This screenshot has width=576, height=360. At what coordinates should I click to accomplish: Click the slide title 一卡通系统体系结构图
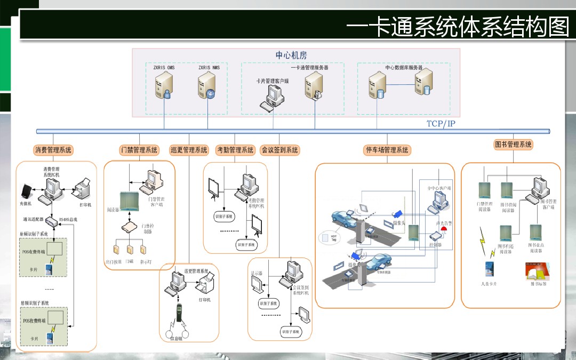coord(458,26)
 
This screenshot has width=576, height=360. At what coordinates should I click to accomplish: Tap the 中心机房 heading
coord(291,55)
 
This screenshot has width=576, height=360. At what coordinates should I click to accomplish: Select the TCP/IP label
coord(441,124)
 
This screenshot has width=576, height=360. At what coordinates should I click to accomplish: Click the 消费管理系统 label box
coord(53,150)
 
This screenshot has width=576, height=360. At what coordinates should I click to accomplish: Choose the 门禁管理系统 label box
coord(139,150)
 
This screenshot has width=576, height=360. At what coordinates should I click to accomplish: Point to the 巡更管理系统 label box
coord(189,150)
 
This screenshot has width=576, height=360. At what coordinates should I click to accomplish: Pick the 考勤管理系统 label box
coord(235,150)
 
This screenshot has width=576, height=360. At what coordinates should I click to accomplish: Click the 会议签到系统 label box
coord(279,150)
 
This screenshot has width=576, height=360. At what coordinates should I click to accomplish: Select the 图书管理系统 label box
coord(514,145)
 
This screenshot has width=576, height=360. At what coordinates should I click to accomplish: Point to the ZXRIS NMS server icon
coord(207,86)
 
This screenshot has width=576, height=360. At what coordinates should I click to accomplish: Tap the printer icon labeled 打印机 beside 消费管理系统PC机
coord(82,189)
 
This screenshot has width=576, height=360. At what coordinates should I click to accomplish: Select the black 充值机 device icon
coord(26,190)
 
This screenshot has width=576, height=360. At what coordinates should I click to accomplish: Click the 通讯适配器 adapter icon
coord(51,220)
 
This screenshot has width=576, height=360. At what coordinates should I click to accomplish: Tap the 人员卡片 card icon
coord(489,268)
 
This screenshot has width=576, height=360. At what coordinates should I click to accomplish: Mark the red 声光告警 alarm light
coord(444,230)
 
